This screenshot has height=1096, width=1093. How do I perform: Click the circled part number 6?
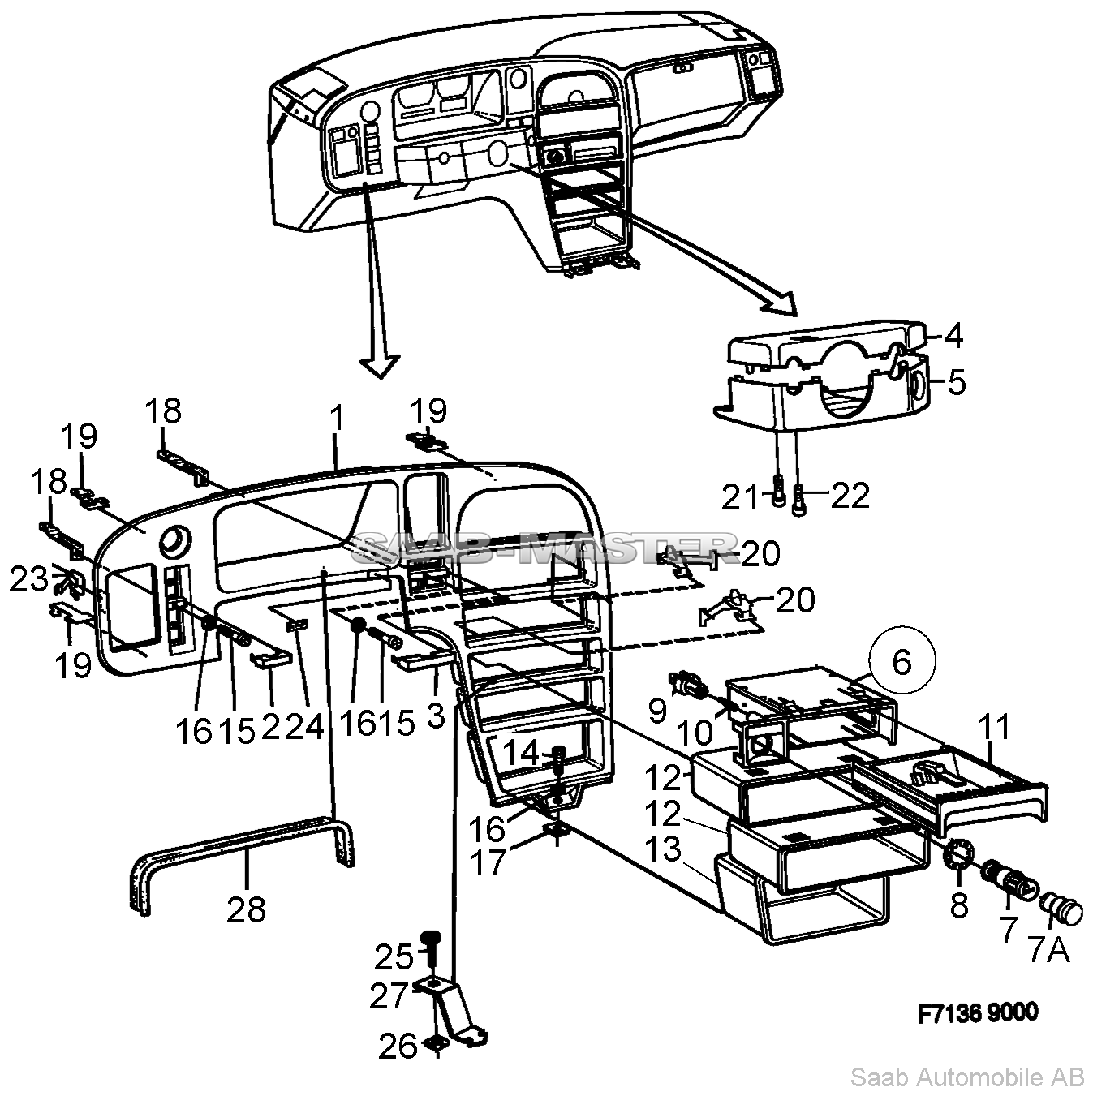click(902, 662)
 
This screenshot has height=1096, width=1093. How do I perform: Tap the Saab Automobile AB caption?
click(966, 1077)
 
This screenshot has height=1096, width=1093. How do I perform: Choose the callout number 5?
click(957, 381)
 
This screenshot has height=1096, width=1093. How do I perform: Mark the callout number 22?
click(850, 495)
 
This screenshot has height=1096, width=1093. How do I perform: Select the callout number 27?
click(388, 995)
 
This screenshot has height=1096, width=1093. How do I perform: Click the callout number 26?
click(398, 1046)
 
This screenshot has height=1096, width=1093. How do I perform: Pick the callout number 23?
click(28, 579)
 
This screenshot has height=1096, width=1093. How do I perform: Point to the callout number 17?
click(488, 862)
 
